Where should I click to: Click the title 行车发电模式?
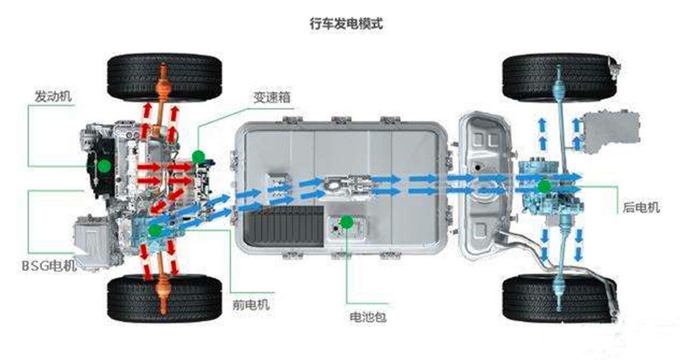tap(345, 24)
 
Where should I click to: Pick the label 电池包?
tap(368, 316)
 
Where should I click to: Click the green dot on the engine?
tap(103, 165)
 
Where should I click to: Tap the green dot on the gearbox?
tap(198, 155)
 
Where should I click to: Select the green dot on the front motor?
tap(155, 230)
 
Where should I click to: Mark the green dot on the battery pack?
tap(346, 222)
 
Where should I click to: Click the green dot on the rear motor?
tap(543, 186)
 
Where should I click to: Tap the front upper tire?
tap(164, 76)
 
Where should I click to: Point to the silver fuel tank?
tap(484, 185)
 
